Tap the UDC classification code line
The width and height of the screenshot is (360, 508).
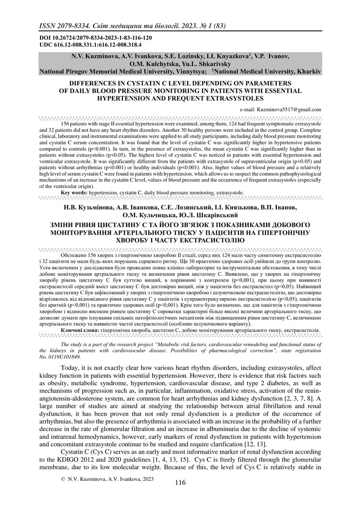point(90,45)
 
